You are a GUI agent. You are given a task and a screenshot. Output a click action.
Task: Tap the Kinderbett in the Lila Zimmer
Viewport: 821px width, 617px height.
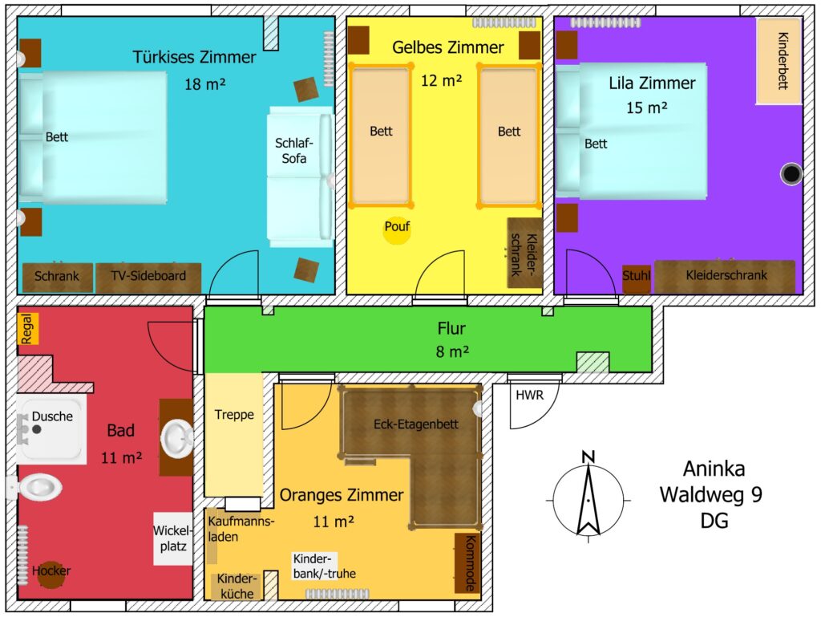tap(779, 61)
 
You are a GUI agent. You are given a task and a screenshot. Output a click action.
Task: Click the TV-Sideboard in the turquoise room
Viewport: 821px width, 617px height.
tap(148, 278)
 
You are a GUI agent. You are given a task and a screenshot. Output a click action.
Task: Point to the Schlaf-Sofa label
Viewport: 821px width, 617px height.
tap(294, 151)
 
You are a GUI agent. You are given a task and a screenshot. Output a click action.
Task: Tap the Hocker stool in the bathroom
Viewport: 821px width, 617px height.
tap(51, 570)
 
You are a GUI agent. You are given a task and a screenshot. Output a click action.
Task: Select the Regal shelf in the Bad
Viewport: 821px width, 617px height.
tap(28, 329)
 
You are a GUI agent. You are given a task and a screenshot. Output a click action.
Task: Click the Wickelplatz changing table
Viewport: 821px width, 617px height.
tap(173, 538)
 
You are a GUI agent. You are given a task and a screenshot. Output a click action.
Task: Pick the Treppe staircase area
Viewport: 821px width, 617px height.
tap(233, 435)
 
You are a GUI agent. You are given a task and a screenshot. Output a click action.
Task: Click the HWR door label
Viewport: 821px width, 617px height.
tap(530, 396)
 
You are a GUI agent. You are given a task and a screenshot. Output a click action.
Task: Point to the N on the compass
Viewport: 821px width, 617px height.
tap(588, 457)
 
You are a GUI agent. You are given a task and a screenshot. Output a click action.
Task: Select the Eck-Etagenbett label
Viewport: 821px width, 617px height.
tap(416, 424)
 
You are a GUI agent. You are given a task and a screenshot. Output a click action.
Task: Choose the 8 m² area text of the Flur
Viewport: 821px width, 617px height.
tap(452, 351)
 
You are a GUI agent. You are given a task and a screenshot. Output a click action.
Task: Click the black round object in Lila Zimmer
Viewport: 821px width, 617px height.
tap(791, 174)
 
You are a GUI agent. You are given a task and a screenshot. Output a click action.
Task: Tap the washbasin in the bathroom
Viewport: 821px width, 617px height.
tap(177, 437)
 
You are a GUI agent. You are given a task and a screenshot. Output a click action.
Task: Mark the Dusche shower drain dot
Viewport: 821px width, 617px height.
tap(37, 429)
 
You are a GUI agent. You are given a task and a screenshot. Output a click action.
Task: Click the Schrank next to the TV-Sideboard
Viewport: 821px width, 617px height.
tap(57, 278)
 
